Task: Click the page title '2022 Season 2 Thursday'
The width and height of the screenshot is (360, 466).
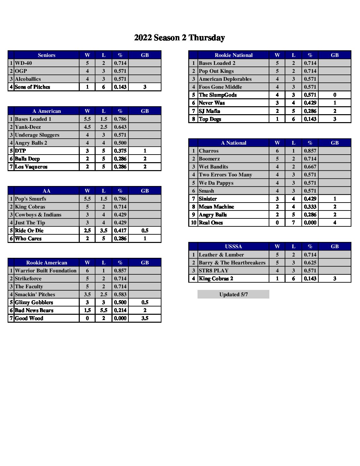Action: click(x=179, y=38)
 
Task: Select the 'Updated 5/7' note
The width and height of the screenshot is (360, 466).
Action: click(x=233, y=295)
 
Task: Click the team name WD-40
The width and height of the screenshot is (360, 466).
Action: click(x=23, y=63)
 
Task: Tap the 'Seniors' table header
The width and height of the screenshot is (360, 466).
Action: click(x=46, y=55)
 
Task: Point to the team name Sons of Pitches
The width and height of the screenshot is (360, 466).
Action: click(x=32, y=87)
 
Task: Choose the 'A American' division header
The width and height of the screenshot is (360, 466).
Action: click(x=46, y=111)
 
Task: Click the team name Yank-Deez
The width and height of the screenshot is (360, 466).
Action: click(x=28, y=127)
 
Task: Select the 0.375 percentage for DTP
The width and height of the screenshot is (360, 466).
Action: click(x=120, y=151)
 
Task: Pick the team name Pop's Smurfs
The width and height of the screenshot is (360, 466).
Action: click(x=30, y=199)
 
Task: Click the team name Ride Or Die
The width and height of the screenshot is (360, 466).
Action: click(x=29, y=231)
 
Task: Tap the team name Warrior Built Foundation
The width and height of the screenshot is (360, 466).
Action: click(x=46, y=271)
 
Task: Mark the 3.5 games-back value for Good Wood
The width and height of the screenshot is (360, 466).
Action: click(x=145, y=318)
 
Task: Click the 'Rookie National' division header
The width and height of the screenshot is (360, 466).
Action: click(x=233, y=55)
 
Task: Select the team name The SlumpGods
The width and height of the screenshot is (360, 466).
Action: click(x=218, y=95)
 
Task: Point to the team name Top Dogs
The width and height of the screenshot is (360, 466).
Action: click(x=210, y=119)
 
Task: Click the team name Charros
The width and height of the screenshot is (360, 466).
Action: click(x=208, y=151)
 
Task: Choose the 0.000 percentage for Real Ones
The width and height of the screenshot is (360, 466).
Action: click(x=310, y=223)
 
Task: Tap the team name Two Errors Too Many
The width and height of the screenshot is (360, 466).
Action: click(x=225, y=175)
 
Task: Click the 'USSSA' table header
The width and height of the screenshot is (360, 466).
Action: click(x=233, y=247)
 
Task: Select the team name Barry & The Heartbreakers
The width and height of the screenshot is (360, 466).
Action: click(x=232, y=263)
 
